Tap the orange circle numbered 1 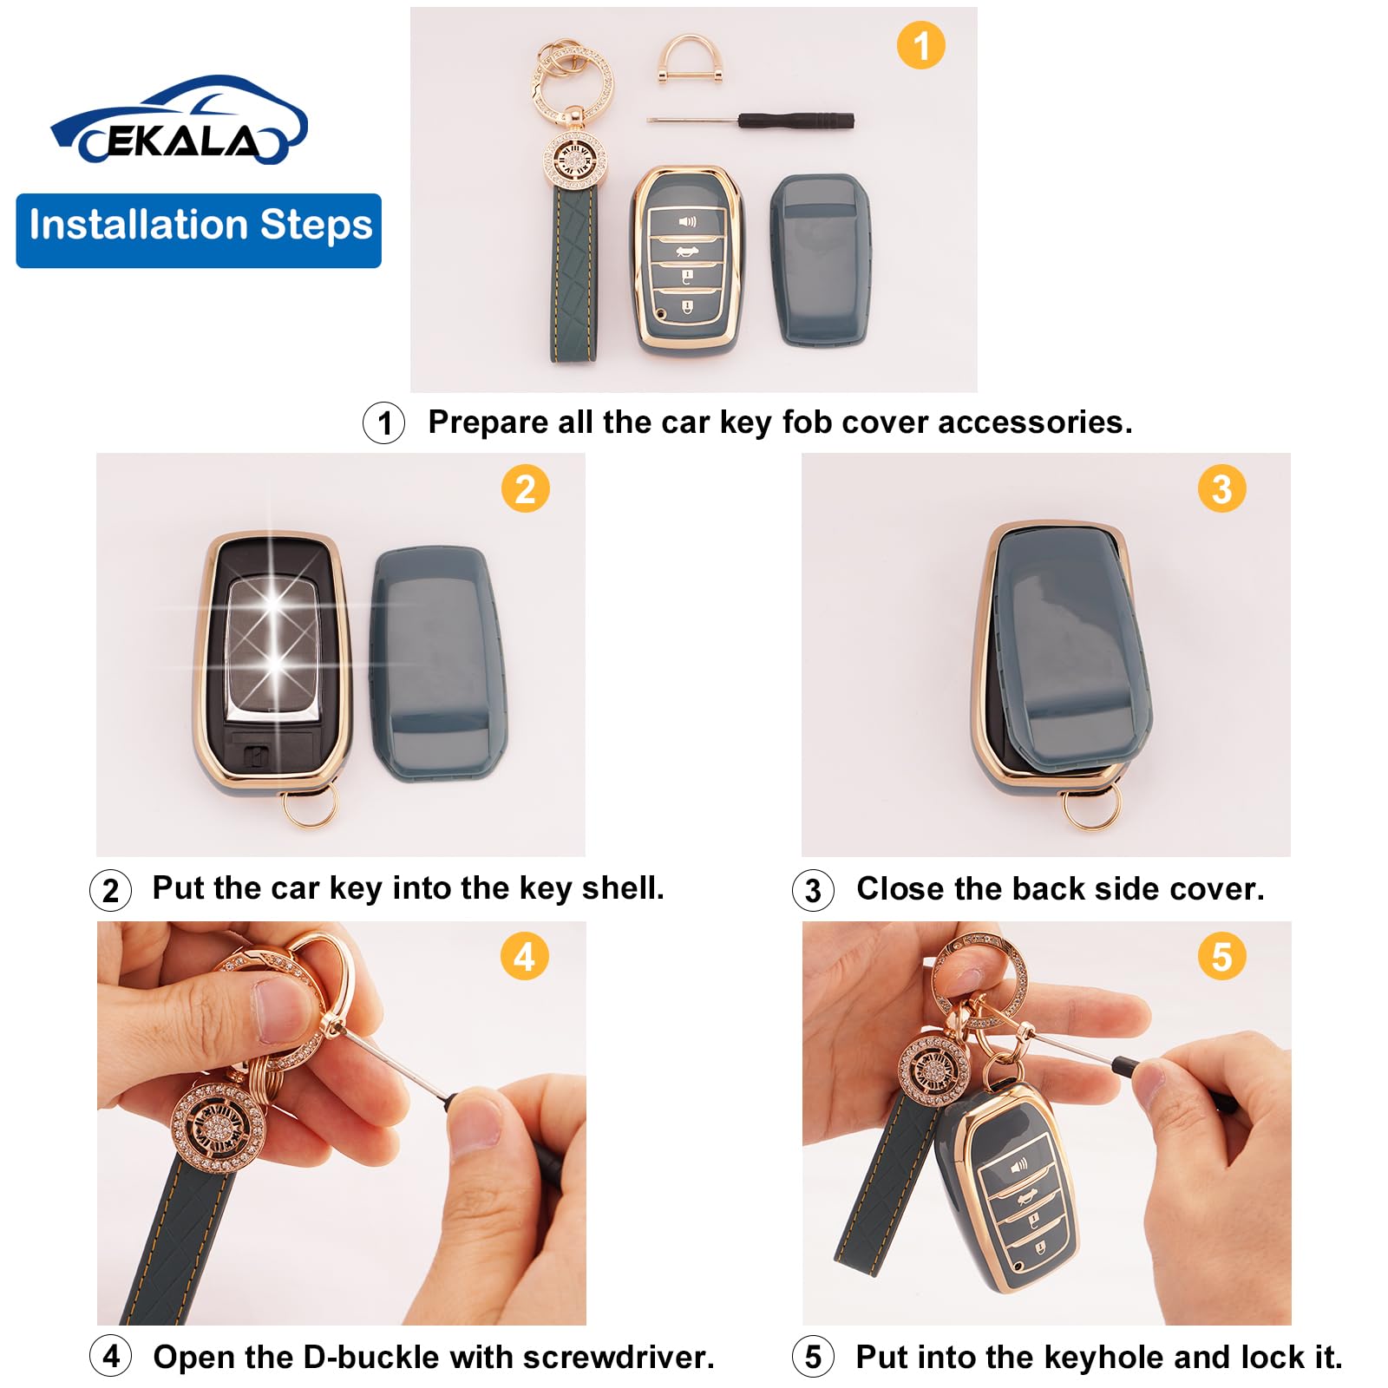click(920, 45)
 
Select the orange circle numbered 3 click(1221, 488)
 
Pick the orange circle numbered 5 click(1221, 957)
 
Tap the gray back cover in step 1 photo click(820, 260)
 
